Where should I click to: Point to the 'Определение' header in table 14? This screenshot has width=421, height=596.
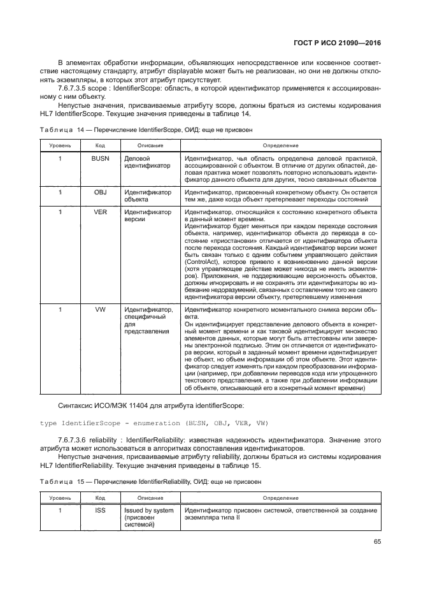280,146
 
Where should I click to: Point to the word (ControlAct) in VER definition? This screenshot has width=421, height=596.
201,262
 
